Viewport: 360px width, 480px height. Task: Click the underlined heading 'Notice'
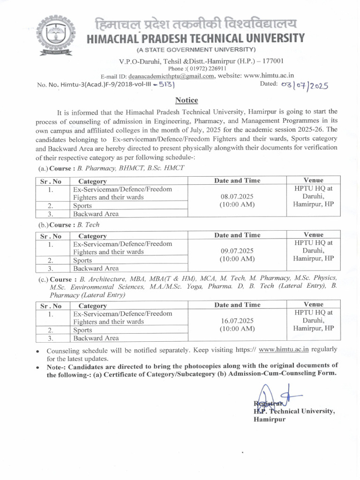point(187,100)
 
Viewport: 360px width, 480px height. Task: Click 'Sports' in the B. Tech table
point(82,261)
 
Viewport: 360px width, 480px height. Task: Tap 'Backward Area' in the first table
point(96,214)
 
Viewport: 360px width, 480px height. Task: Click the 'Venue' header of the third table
point(314,305)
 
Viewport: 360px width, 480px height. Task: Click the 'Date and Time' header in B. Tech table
point(237,235)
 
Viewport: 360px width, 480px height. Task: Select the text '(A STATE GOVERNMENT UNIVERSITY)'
point(196,50)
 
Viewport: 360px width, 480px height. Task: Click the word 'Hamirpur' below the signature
point(270,420)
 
